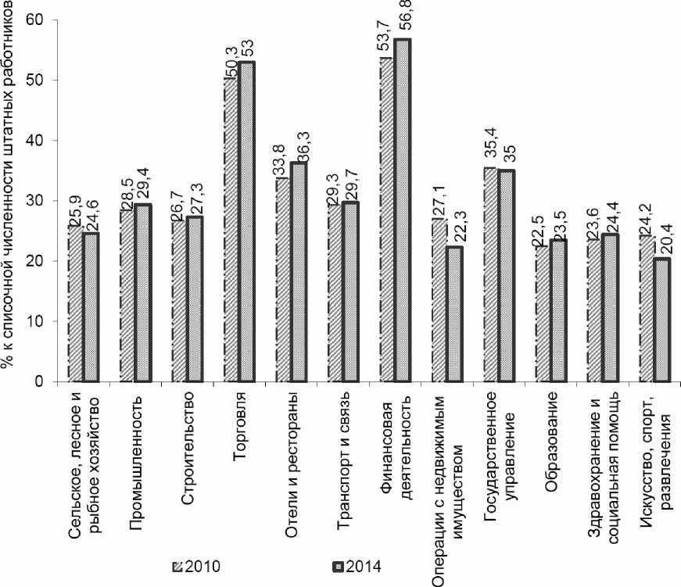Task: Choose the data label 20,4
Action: [x=663, y=238]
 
